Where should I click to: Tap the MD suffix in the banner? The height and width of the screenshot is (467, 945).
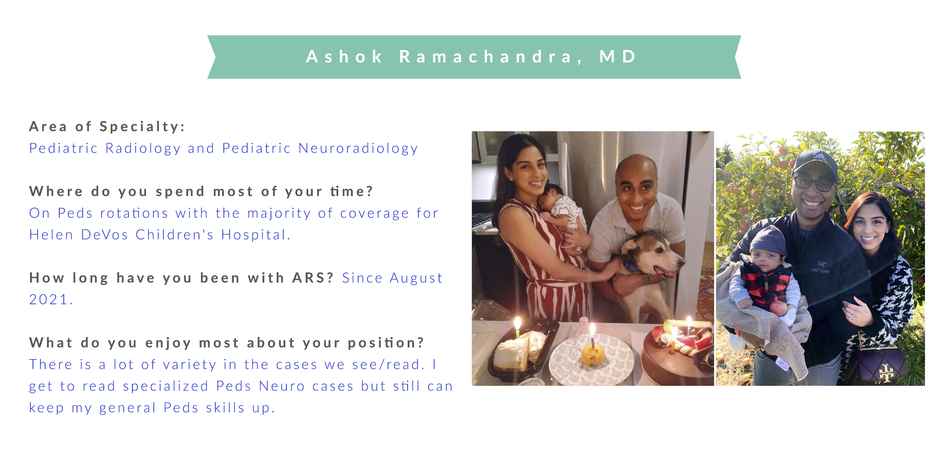pos(618,56)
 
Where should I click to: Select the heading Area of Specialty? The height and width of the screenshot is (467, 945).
pos(107,127)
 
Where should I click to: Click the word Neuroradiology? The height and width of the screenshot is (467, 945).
pos(358,148)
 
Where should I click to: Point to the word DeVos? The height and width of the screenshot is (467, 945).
pos(105,235)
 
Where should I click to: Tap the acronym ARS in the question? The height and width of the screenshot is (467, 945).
pos(313,278)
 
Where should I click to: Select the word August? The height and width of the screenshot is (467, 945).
pos(416,278)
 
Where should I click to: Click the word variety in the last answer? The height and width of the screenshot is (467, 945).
pos(189,365)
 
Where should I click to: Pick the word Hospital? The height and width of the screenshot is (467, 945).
pos(255,235)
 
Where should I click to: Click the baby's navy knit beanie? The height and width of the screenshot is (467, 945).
pos(767,243)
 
